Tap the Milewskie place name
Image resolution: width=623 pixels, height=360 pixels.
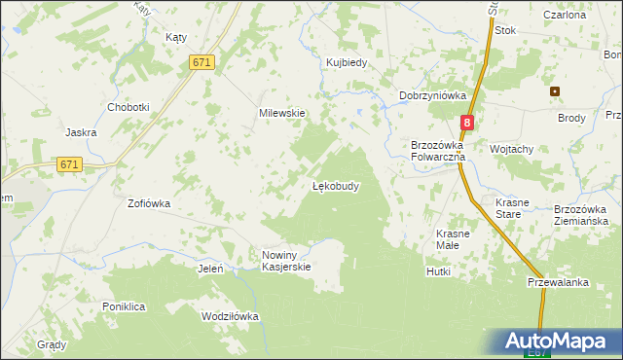click(281, 113)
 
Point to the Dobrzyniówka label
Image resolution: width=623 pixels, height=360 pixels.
click(433, 95)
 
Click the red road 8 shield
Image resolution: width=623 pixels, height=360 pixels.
click(468, 123)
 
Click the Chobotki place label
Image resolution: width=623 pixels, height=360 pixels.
click(128, 107)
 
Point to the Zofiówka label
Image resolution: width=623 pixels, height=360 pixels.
click(149, 204)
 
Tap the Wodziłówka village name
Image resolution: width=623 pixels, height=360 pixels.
click(230, 316)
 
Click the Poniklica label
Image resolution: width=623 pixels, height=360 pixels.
click(124, 306)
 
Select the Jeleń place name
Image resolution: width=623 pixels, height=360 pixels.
click(211, 269)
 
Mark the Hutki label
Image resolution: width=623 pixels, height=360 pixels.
click(438, 271)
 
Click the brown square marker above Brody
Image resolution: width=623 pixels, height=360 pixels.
click(555, 92)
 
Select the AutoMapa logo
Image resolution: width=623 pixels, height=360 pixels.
click(552, 342)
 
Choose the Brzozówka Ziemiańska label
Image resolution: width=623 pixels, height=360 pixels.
click(586, 215)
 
